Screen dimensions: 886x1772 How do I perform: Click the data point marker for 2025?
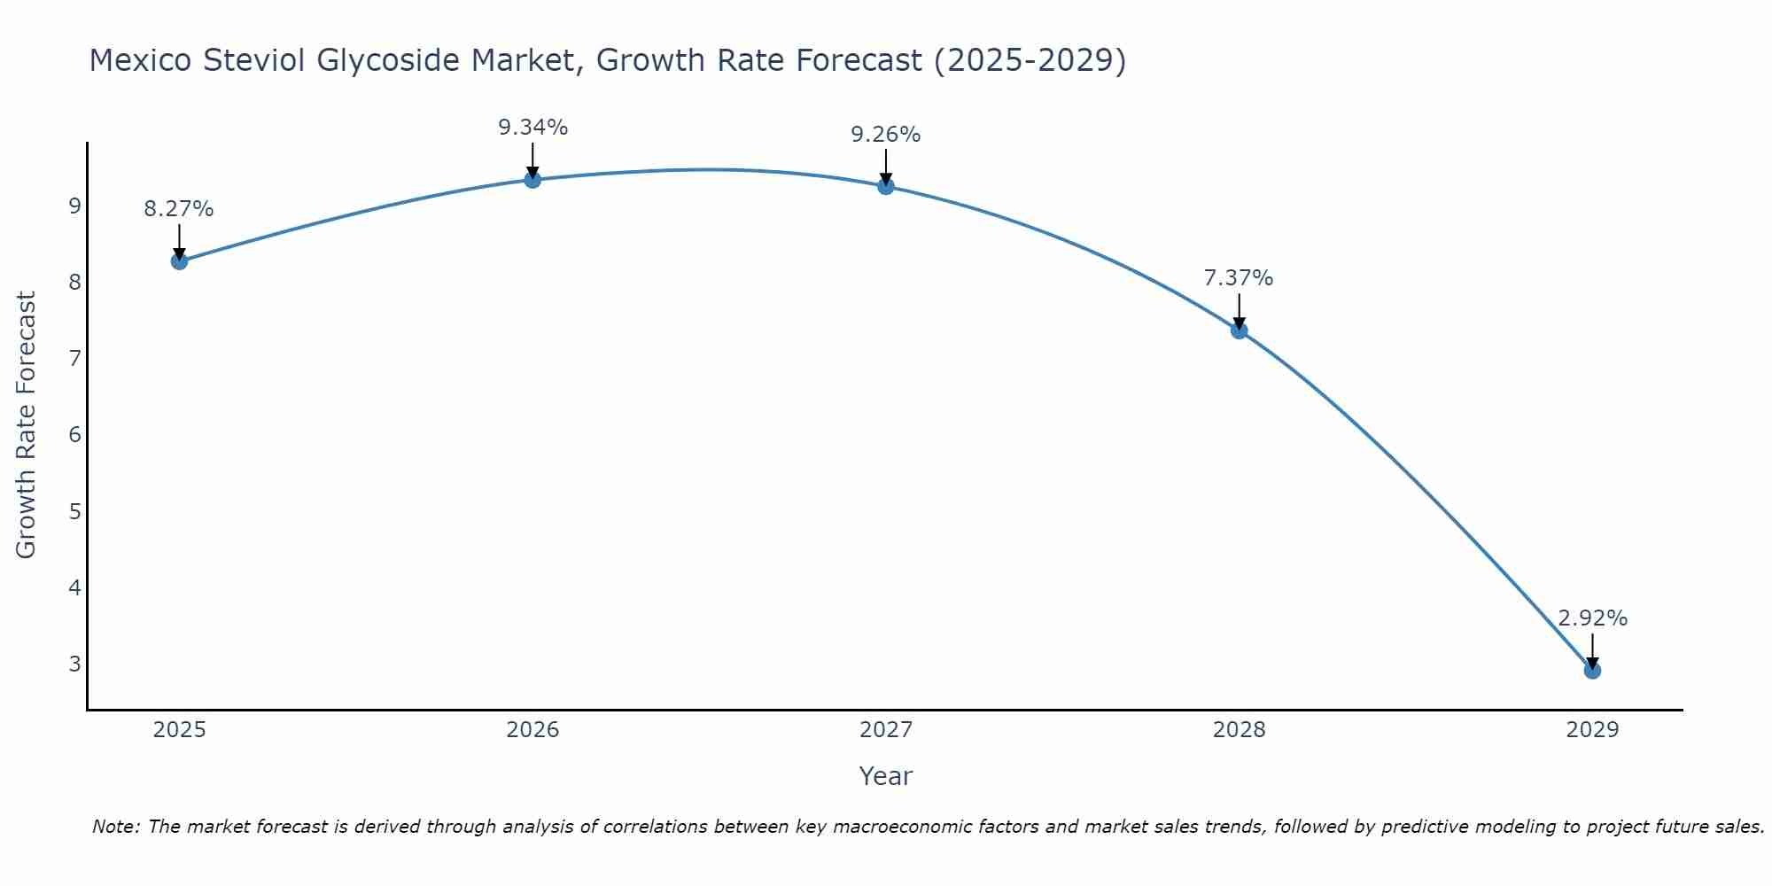tap(179, 261)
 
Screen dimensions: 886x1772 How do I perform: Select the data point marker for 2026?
tap(532, 180)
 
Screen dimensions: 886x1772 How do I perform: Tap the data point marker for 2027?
tap(885, 186)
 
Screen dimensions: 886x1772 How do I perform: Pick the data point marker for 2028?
tap(1239, 330)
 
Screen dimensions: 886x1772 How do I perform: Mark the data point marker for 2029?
tap(1592, 671)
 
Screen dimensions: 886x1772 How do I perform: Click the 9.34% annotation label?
tap(532, 128)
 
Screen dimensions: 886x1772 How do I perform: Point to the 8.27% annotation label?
tap(179, 209)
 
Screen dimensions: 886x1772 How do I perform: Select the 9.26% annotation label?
tap(885, 135)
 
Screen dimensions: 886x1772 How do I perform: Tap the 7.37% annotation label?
tap(1239, 278)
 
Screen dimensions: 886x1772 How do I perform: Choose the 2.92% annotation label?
tap(1592, 618)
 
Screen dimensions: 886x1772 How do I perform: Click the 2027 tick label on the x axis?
tap(885, 730)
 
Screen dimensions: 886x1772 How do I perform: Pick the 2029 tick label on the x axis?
tap(1592, 730)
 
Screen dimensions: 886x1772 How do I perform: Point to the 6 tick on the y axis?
tap(74, 435)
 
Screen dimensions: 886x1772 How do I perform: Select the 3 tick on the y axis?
tap(74, 664)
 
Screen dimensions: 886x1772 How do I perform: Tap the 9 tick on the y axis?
tap(74, 206)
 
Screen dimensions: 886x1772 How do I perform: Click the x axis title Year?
tap(885, 776)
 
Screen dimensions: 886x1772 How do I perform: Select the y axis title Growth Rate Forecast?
tap(27, 425)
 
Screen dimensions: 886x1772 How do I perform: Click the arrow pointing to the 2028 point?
tap(1239, 310)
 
